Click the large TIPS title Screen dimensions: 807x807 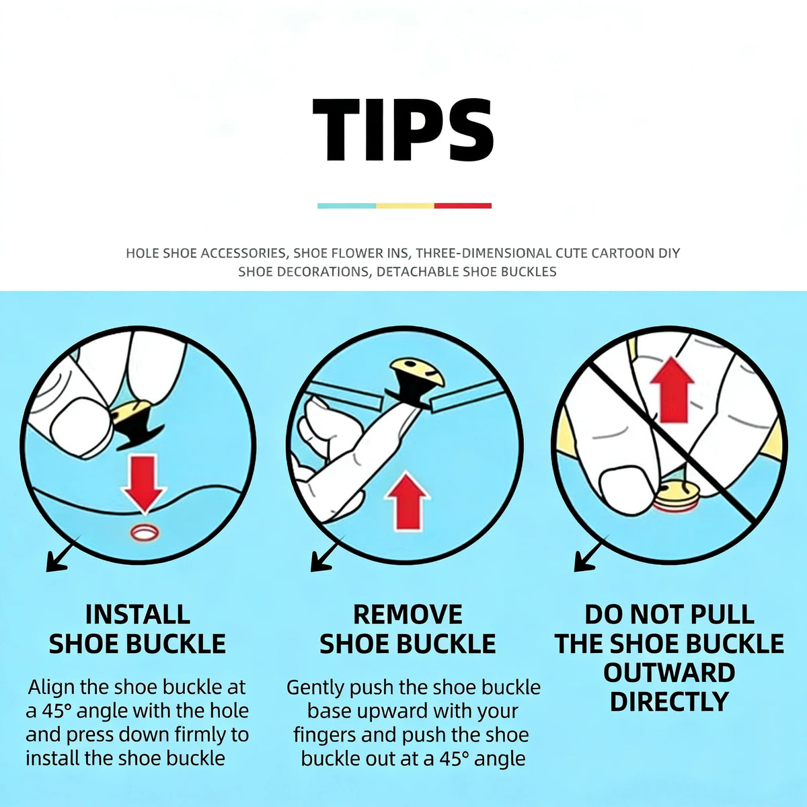coord(403,130)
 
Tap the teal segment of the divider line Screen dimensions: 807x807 coord(347,206)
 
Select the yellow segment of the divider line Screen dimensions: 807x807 coord(405,206)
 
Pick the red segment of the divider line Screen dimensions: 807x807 coord(463,206)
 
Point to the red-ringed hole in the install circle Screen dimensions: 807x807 coord(145,532)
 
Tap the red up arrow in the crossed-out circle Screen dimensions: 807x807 coord(672,389)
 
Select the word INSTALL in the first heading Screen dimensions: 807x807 coord(138,615)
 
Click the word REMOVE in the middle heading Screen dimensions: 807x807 coord(408,615)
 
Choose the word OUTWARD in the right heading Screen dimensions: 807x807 coord(669,672)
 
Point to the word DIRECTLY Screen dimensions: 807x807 coord(669,701)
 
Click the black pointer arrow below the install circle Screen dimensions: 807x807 coord(63,553)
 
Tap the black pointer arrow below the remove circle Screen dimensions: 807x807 coord(328,553)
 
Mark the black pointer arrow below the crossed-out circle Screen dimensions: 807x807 coord(591,553)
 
